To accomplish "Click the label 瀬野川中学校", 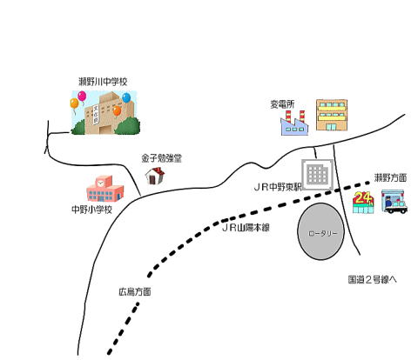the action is pos(103,82).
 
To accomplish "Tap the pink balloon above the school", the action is pos(82,96).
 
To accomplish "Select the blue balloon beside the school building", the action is pos(126,97).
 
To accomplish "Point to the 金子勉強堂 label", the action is pos(161,158).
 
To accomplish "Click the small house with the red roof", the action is pos(155,176).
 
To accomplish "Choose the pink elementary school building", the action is pos(104,189).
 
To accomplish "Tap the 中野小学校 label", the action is pos(91,210).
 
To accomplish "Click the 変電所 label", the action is pos(282,104).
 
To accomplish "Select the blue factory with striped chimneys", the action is pos(294,123).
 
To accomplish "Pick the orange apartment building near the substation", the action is pos(332,115).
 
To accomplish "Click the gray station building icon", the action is pos(317,175).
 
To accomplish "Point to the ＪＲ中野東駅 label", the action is pos(278,187).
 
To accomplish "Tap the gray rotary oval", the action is pos(320,231).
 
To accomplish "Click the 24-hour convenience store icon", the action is pos(363,203).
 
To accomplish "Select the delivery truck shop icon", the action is pos(394,202).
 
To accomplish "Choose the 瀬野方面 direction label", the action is pos(390,177).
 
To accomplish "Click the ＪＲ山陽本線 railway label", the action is pos(246,228).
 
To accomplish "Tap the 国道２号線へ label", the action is pos(372,280).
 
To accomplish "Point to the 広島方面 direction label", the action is pos(135,291).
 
